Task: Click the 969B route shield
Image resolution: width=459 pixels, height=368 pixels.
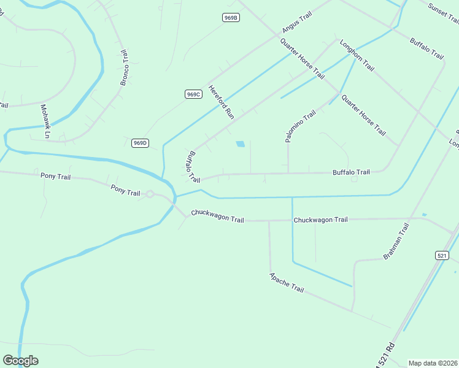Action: pyautogui.click(x=231, y=18)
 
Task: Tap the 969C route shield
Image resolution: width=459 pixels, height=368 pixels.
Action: pyautogui.click(x=193, y=94)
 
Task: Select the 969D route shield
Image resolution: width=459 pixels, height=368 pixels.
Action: pyautogui.click(x=140, y=143)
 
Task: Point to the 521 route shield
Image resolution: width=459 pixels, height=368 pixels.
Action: pyautogui.click(x=442, y=255)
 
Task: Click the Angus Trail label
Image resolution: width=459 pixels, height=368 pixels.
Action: pyautogui.click(x=297, y=21)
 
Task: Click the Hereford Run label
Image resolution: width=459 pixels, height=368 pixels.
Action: pyautogui.click(x=222, y=102)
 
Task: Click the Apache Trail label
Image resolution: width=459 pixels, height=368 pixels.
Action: pyautogui.click(x=287, y=282)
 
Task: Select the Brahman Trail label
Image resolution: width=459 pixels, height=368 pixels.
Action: pyautogui.click(x=396, y=241)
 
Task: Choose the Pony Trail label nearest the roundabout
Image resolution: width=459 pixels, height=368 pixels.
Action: pyautogui.click(x=125, y=190)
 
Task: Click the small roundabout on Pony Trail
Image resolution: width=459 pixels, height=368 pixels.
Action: pyautogui.click(x=149, y=194)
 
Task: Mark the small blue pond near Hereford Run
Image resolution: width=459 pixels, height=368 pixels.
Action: pyautogui.click(x=240, y=144)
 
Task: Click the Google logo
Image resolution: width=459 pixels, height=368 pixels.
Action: pyautogui.click(x=20, y=361)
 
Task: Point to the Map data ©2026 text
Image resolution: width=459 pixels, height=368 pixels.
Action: pyautogui.click(x=432, y=363)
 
